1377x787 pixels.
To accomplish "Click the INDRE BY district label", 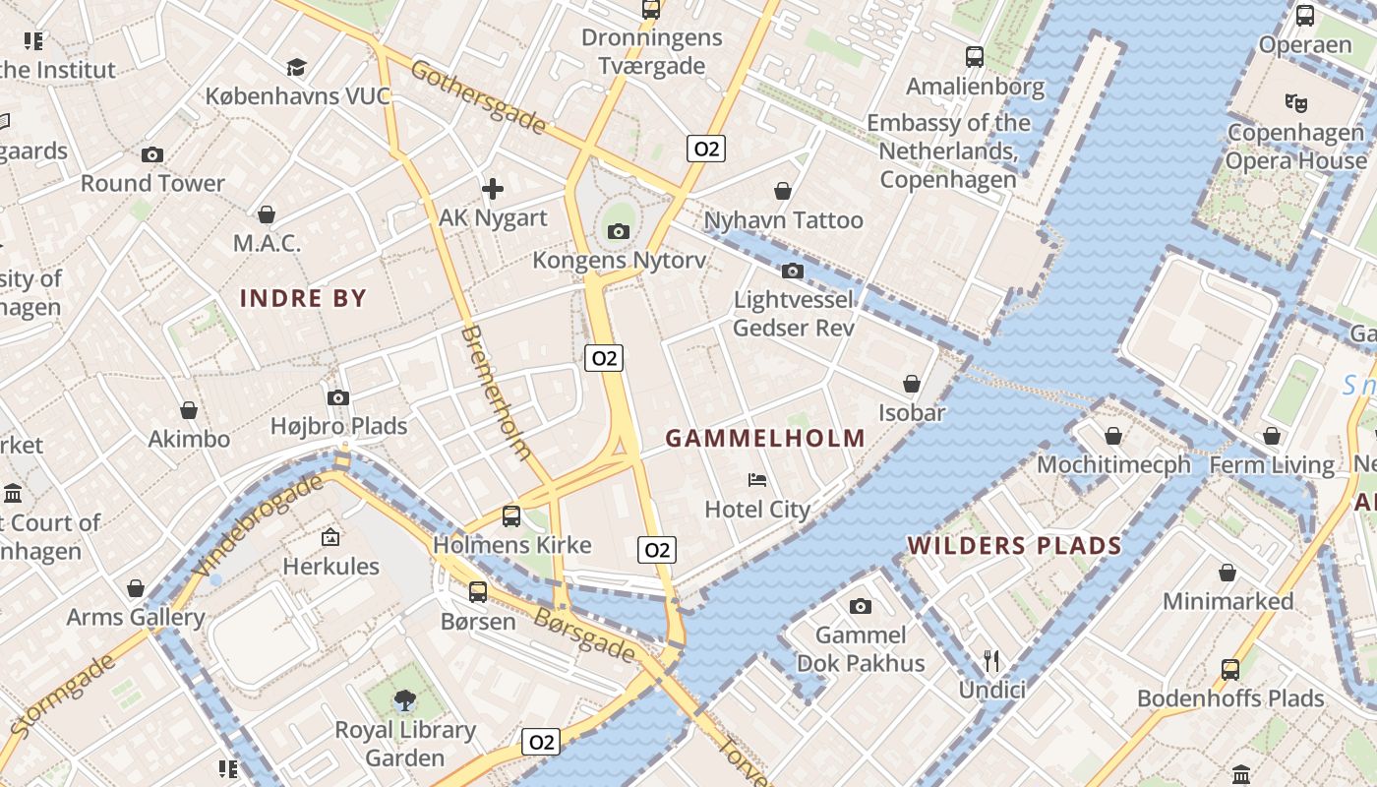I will point(303,298).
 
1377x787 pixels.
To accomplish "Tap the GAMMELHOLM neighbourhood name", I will point(765,439).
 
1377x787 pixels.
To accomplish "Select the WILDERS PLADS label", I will point(1014,546).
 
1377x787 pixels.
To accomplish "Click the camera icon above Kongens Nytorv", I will point(618,232).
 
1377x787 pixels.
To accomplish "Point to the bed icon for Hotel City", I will point(757,480).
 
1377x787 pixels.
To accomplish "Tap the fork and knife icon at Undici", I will point(991,660).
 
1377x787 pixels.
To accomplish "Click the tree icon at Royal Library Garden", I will point(404,700).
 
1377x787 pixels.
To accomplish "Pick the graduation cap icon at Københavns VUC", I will point(296,67).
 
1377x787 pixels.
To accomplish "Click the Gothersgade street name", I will point(478,96).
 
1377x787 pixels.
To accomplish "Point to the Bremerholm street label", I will point(496,393).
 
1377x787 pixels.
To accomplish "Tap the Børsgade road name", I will point(584,635).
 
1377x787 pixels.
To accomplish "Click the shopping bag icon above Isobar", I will point(912,384).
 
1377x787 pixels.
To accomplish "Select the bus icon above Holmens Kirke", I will point(511,515).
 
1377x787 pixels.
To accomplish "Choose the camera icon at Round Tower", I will point(151,154).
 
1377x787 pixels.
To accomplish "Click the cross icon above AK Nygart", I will point(492,188).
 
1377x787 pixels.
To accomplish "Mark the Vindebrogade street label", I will point(259,526).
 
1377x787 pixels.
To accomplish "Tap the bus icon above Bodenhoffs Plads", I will point(1229,670).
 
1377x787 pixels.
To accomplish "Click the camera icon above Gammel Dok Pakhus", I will point(861,606).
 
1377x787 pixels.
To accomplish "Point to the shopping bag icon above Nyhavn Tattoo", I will point(783,191).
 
